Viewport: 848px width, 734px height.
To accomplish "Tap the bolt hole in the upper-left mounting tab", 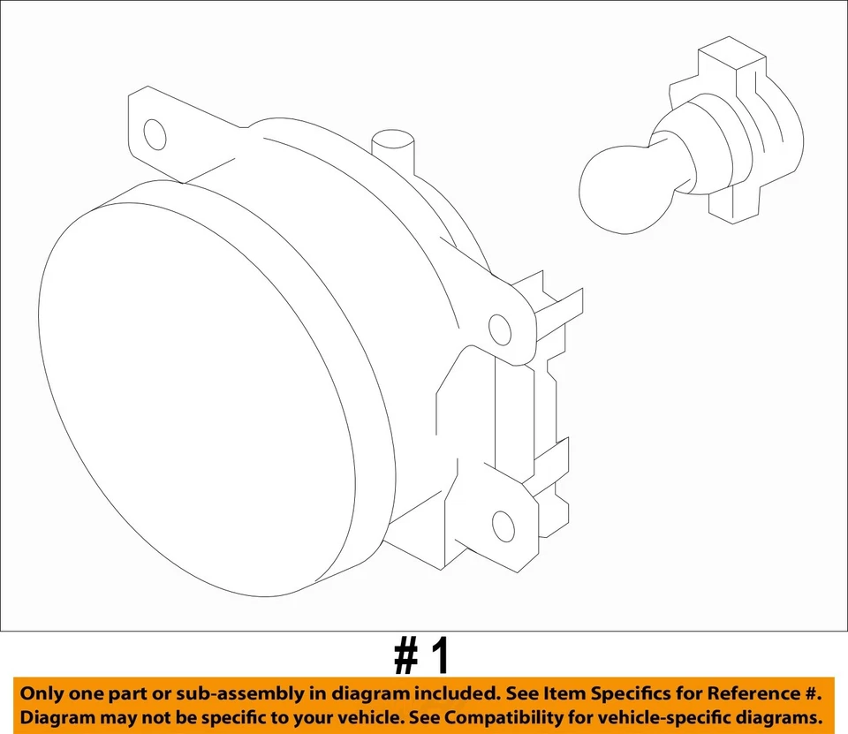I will [155, 134].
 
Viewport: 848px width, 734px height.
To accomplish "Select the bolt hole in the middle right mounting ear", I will [500, 330].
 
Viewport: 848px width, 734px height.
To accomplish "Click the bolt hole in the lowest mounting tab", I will [503, 526].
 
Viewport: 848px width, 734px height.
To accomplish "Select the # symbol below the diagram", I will [405, 657].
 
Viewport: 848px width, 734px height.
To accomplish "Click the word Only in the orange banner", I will [42, 693].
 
